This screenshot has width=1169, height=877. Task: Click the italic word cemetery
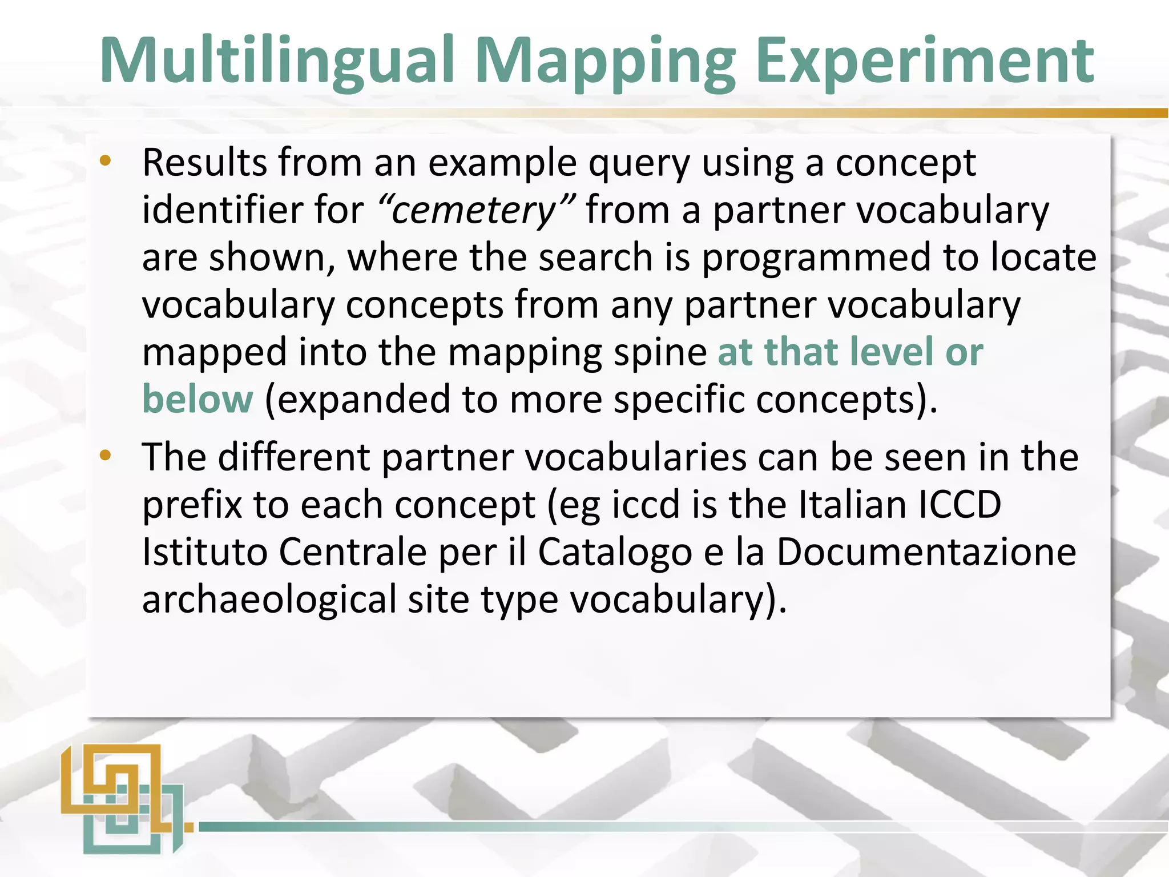pyautogui.click(x=474, y=210)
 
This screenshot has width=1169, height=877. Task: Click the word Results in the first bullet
pyautogui.click(x=204, y=163)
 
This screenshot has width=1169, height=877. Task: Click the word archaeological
pyautogui.click(x=269, y=600)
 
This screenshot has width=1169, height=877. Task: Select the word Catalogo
pyautogui.click(x=615, y=553)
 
